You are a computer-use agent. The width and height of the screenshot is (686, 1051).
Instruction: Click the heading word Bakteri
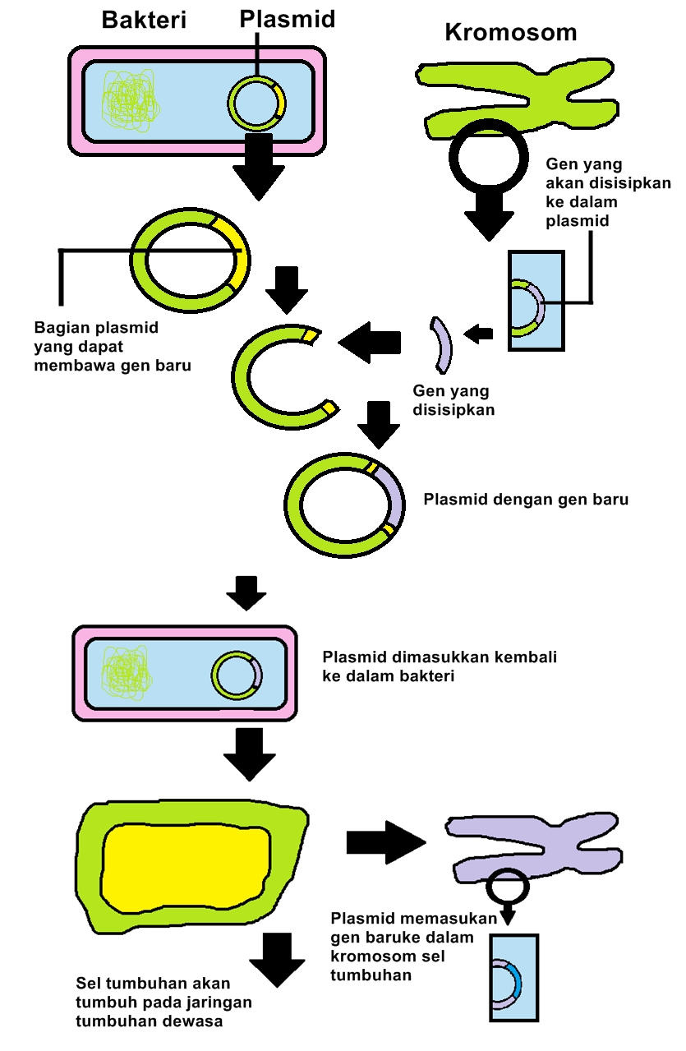point(144,21)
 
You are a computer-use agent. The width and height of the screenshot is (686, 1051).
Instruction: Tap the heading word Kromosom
point(510,32)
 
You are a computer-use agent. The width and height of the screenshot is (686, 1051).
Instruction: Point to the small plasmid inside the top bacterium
point(257,104)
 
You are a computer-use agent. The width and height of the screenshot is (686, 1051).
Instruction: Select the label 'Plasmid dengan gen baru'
point(525,500)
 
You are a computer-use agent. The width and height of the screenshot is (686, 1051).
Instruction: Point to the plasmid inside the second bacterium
point(237,675)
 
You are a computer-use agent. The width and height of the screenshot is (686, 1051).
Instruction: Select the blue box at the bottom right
point(513,978)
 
